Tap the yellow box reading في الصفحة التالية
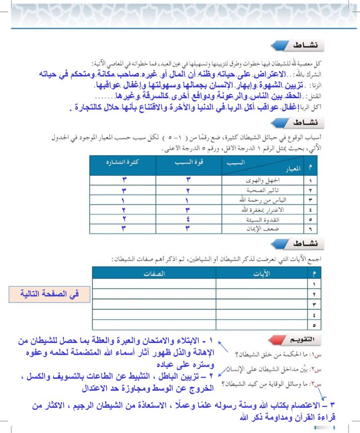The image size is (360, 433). [x=49, y=294]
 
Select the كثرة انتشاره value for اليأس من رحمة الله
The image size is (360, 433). [x=123, y=199]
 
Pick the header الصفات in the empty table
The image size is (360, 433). [x=153, y=273]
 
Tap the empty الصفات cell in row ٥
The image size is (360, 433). [x=153, y=324]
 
